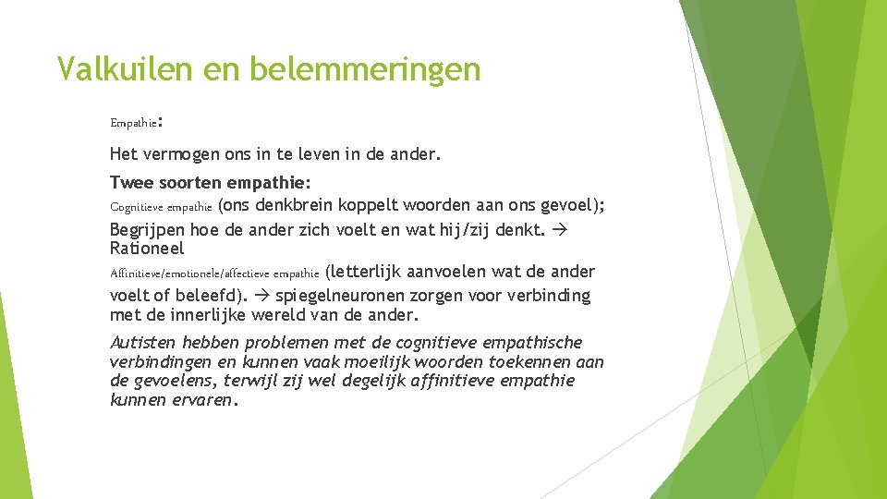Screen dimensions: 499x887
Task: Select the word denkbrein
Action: [x=295, y=205]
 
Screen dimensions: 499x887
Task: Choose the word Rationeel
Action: [x=147, y=249]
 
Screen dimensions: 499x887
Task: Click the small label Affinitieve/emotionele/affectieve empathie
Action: [x=214, y=274]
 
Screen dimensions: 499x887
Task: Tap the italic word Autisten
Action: [x=140, y=343]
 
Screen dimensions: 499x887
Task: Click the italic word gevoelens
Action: [x=172, y=382]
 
